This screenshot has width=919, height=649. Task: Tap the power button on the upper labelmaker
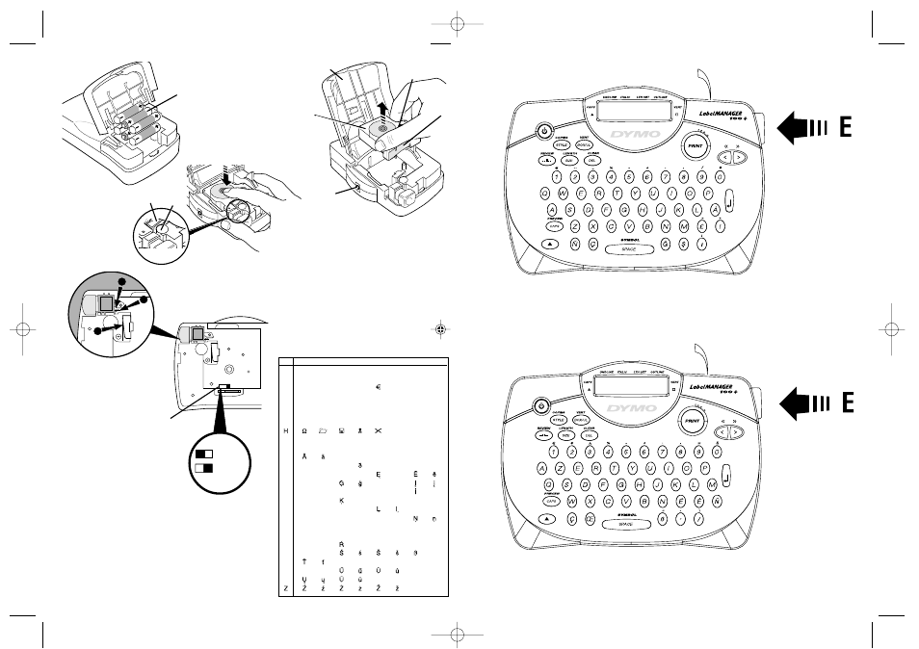click(x=544, y=131)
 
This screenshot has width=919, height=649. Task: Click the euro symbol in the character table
click(x=380, y=388)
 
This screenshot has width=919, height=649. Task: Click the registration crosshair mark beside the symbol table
click(x=439, y=327)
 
